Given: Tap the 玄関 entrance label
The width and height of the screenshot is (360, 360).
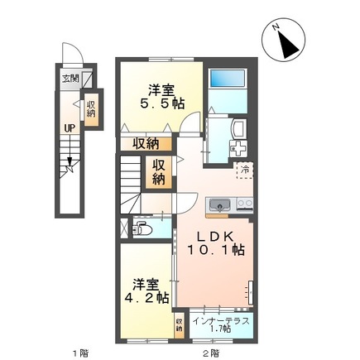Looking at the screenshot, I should coord(70,80).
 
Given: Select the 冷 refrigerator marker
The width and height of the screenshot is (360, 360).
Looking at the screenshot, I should coord(244,170).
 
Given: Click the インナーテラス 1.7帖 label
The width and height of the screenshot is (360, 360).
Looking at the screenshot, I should coord(214,323).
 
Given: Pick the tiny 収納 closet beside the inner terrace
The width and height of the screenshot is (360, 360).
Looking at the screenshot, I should coord(180,324).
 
